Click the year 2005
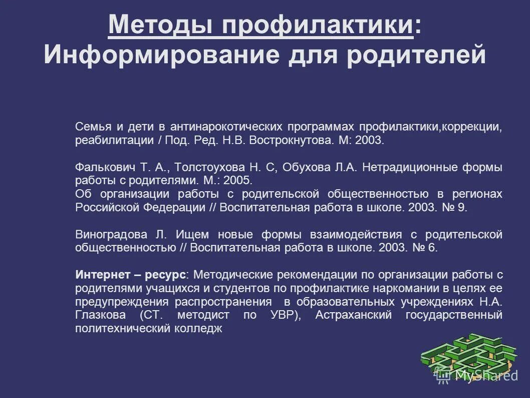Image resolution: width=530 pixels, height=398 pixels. tap(240, 180)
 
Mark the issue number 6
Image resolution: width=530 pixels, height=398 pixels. tap(432, 247)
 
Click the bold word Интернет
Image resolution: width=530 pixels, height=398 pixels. tap(100, 275)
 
